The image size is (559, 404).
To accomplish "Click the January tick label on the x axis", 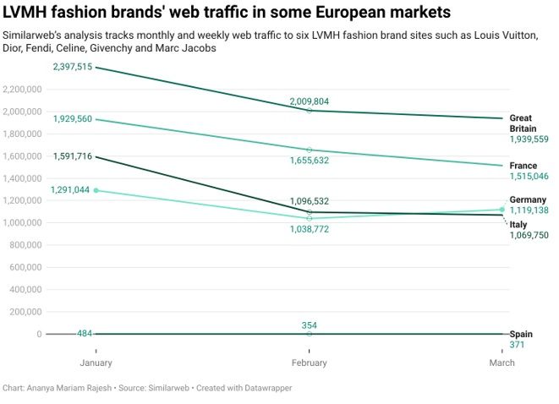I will pyautogui.click(x=96, y=363).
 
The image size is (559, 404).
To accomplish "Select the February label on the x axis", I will pyautogui.click(x=309, y=363).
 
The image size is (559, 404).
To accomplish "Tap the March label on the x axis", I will pyautogui.click(x=502, y=363).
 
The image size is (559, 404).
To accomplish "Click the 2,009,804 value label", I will pyautogui.click(x=309, y=101).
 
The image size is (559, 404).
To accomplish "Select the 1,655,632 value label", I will pyautogui.click(x=309, y=160).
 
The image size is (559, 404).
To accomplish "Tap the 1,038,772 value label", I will pyautogui.click(x=309, y=229).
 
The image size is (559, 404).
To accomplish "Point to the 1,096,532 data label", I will pyautogui.click(x=309, y=202).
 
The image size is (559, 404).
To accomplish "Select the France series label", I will pyautogui.click(x=524, y=166).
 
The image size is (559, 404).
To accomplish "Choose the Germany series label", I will pyautogui.click(x=529, y=199).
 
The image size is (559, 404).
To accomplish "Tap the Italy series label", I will pyautogui.click(x=518, y=224).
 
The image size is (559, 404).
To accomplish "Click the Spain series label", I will pyautogui.click(x=521, y=335).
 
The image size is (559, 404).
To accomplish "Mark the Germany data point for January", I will pyautogui.click(x=96, y=190).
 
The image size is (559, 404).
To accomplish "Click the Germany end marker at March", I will pyautogui.click(x=502, y=210).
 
